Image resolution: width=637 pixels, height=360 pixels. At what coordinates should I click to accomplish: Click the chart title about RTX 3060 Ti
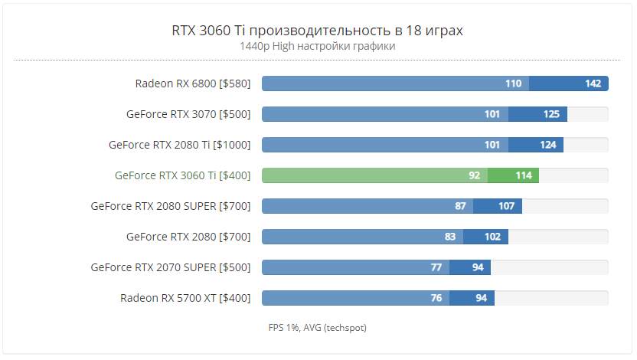point(318,31)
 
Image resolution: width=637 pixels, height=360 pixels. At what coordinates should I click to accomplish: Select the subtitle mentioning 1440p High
point(318,46)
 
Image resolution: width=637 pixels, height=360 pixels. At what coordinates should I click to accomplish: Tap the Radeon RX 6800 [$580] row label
point(193,83)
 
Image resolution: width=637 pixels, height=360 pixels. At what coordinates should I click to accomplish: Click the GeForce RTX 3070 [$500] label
point(188,114)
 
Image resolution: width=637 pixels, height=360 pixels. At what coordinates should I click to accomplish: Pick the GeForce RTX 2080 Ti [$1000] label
point(180,145)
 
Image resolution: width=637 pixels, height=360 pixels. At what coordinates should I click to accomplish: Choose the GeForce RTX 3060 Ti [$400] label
point(183,175)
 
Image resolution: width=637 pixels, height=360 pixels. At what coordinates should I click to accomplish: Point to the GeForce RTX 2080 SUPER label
point(171,206)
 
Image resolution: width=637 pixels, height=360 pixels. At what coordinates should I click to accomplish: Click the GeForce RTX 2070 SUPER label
point(171,267)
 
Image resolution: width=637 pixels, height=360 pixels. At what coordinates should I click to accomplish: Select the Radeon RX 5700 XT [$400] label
point(185,298)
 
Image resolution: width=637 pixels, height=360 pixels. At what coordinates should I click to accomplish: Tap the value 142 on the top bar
point(593,83)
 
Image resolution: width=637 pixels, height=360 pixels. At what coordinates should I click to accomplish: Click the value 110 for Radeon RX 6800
point(513,83)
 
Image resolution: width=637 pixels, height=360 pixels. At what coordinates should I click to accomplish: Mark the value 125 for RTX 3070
point(551,114)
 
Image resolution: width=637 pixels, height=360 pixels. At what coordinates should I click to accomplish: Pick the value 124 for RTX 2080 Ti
point(547,145)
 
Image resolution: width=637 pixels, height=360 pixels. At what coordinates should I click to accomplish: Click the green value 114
point(524,175)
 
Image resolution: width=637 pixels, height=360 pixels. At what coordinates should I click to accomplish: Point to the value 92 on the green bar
point(475,175)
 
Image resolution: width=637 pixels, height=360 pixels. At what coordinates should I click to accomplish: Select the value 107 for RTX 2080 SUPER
point(506,206)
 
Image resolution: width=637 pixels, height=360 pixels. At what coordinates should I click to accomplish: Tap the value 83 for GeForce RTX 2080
point(450,237)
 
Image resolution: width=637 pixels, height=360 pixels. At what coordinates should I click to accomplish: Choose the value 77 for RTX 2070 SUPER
point(436,267)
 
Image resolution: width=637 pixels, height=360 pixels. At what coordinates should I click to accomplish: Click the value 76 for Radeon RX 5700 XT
point(436,298)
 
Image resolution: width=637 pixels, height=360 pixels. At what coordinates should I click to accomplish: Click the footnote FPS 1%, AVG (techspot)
point(318,328)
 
